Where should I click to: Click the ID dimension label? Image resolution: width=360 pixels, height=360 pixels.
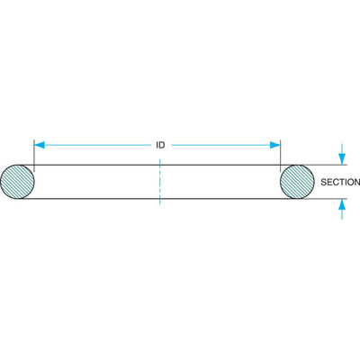[160, 145]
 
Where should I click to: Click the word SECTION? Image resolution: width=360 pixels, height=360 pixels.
[340, 182]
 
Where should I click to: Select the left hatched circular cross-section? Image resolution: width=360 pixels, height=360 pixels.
[17, 182]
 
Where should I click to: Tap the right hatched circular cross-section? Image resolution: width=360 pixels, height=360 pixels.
[297, 182]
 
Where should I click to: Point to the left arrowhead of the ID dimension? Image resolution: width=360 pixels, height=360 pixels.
[40, 145]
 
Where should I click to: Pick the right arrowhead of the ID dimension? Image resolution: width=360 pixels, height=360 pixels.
[275, 145]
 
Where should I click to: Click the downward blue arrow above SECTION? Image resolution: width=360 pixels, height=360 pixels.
[342, 154]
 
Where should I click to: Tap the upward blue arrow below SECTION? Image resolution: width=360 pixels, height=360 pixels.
[342, 209]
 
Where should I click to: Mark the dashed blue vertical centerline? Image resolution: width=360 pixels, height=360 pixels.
[160, 182]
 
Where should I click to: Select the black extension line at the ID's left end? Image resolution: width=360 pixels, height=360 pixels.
[34, 156]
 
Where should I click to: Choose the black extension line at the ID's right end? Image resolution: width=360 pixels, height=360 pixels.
[280, 156]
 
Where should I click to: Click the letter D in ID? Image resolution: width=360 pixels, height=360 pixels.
[162, 145]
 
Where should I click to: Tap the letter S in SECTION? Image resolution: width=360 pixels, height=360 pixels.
[323, 182]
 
